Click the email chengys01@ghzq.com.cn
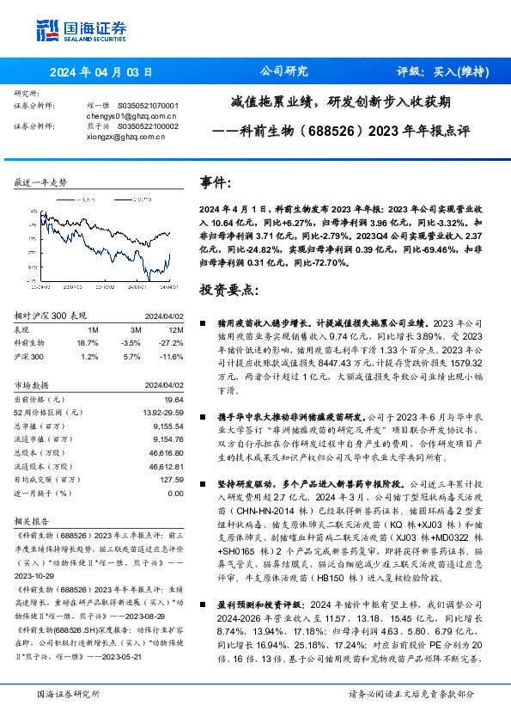click(x=131, y=114)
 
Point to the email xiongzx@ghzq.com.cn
click(x=127, y=136)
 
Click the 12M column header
click(x=176, y=328)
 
